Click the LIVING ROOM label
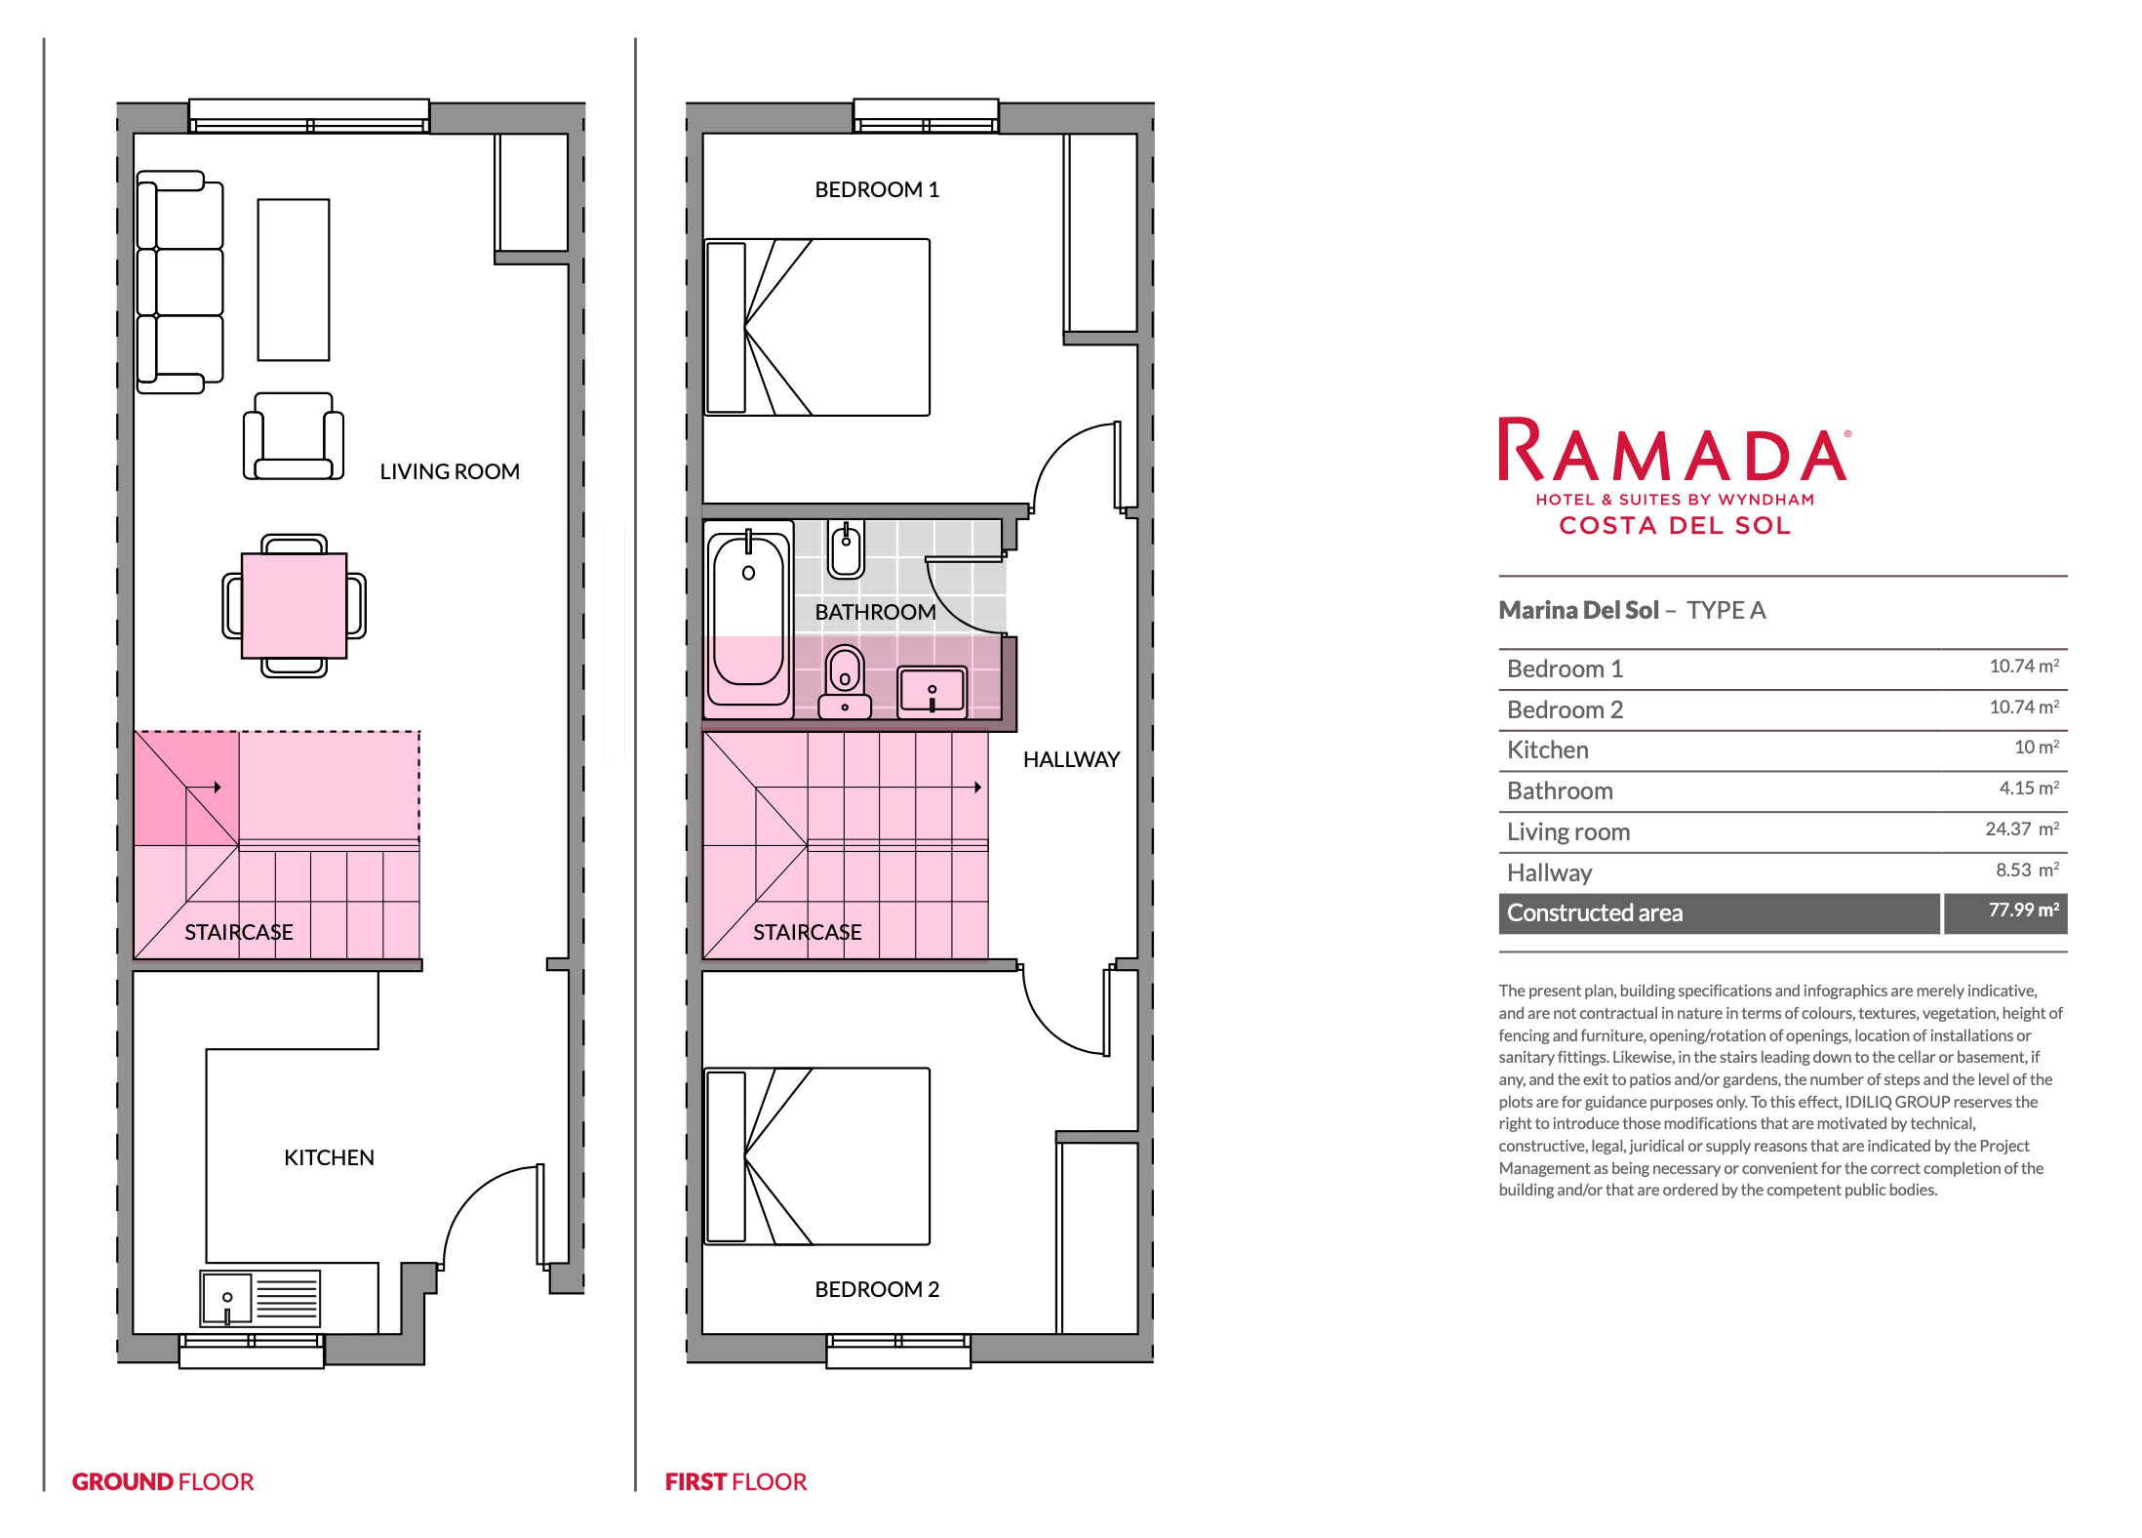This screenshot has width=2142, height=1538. click(x=450, y=471)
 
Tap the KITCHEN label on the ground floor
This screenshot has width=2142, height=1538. click(x=329, y=1157)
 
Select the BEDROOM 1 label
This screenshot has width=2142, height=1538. click(x=877, y=189)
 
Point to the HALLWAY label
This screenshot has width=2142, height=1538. click(x=1071, y=759)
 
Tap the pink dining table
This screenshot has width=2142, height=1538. click(x=294, y=605)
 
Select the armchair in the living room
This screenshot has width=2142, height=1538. click(x=294, y=436)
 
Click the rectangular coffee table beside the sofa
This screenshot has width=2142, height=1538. click(x=294, y=280)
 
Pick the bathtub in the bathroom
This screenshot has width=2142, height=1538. click(x=748, y=620)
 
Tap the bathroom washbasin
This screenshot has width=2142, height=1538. click(x=932, y=692)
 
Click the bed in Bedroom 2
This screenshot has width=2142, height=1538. click(x=817, y=1155)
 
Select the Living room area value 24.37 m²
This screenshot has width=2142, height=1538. click(x=2022, y=830)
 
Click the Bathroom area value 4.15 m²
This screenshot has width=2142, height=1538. click(x=2029, y=789)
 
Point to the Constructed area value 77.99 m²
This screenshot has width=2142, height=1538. click(x=2024, y=911)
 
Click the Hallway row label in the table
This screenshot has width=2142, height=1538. click(x=1549, y=872)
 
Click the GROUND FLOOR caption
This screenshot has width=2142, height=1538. click(x=163, y=1481)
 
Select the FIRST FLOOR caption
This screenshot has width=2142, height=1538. click(x=735, y=1481)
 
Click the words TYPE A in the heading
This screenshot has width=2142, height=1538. click(x=1726, y=610)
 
